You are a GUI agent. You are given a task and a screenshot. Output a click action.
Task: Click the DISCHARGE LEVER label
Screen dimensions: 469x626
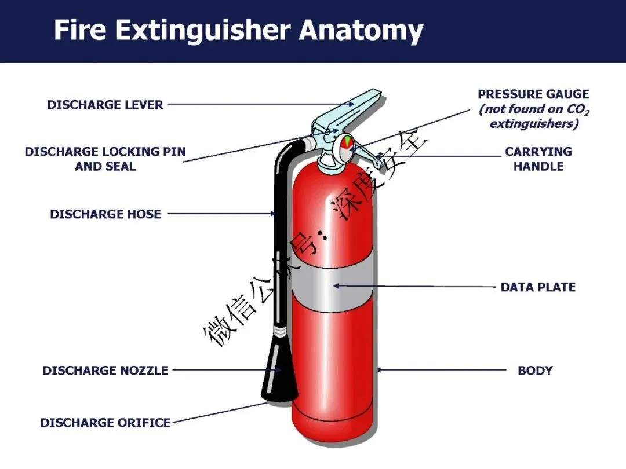point(105,105)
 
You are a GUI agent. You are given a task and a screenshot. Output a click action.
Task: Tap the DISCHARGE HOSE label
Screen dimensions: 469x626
point(105,214)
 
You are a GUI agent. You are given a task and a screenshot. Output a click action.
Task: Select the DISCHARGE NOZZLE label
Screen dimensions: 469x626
point(105,371)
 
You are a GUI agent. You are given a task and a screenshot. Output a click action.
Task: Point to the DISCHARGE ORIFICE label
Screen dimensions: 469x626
point(105,423)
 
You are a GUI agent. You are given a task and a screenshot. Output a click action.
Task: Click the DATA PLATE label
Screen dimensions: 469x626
point(538,287)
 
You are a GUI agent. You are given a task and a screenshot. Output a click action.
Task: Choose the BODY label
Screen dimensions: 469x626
point(535,371)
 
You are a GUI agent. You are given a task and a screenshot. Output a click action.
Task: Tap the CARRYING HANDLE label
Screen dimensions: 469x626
point(538,159)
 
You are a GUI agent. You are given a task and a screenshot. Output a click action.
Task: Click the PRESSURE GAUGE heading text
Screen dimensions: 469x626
point(533,94)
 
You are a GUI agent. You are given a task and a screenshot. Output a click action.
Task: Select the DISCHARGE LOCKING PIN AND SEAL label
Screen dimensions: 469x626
point(105,159)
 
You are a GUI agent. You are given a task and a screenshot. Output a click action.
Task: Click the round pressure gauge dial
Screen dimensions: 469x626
point(345,144)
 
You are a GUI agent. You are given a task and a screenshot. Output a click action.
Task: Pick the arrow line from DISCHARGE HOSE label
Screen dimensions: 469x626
point(220,214)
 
